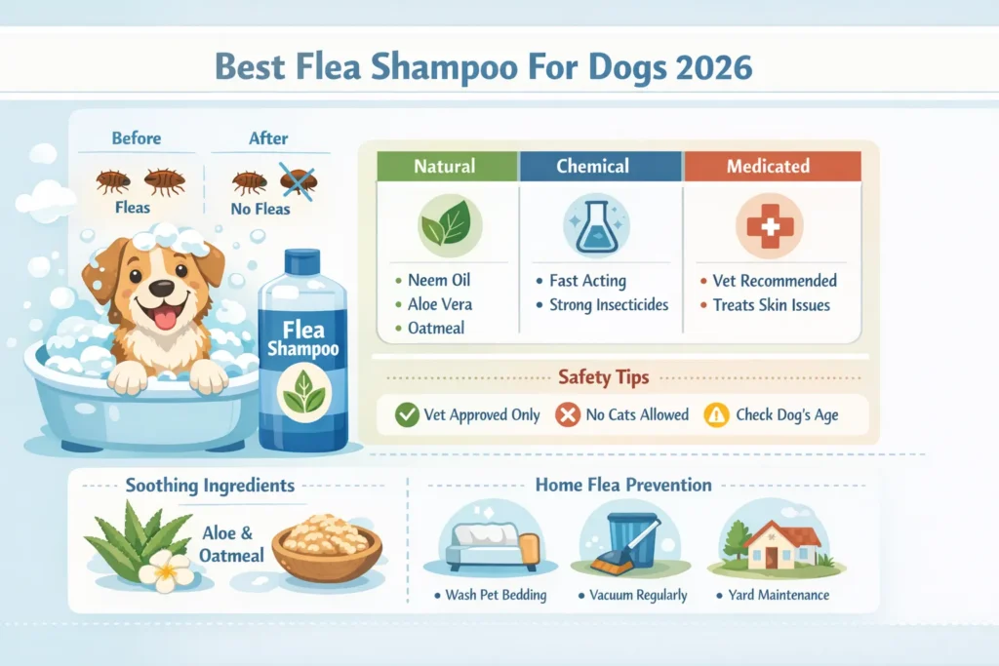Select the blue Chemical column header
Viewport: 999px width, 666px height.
pyautogui.click(x=600, y=166)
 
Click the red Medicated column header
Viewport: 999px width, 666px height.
pyautogui.click(x=768, y=166)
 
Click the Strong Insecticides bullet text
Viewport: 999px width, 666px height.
pyautogui.click(x=609, y=304)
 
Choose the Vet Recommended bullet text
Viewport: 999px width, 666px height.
pyautogui.click(x=775, y=280)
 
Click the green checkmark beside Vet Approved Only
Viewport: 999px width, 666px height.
pyautogui.click(x=407, y=414)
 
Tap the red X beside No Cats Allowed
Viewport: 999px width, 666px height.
pyautogui.click(x=568, y=414)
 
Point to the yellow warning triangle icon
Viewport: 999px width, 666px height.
pyautogui.click(x=717, y=414)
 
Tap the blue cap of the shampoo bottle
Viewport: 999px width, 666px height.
pyautogui.click(x=302, y=262)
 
